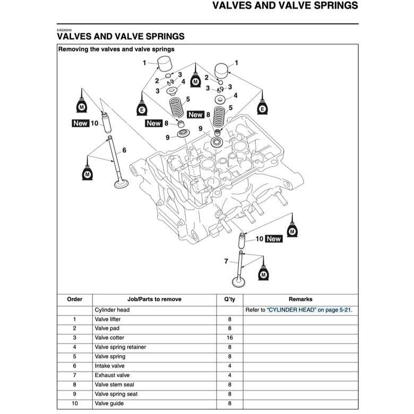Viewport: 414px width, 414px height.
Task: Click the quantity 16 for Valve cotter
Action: click(229, 338)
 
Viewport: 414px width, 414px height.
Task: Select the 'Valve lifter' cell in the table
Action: click(108, 319)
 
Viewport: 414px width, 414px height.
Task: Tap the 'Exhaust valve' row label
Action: click(111, 375)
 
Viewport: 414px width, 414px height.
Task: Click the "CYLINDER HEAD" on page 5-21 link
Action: click(309, 310)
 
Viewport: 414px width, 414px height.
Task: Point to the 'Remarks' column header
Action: click(300, 299)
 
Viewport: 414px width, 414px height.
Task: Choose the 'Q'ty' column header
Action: click(229, 299)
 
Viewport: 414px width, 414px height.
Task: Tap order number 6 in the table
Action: click(74, 366)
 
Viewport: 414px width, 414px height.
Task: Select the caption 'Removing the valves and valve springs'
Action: click(116, 49)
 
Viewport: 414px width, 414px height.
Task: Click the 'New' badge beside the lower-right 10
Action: click(273, 239)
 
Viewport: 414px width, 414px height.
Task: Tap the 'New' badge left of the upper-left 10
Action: click(80, 123)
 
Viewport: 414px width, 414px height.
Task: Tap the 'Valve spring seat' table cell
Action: click(116, 394)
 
